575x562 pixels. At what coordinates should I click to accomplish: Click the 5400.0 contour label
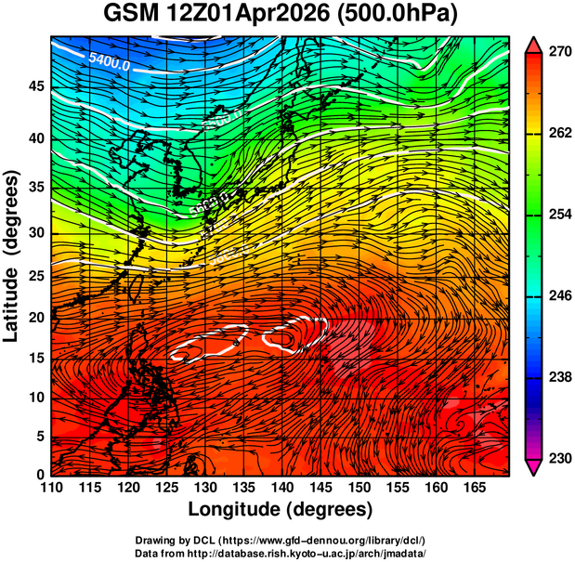click(110, 59)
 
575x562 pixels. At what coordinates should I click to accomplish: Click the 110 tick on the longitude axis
click(51, 488)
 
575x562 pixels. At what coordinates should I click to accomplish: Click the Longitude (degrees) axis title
click(280, 510)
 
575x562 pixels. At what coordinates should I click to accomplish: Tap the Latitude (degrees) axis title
click(13, 255)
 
